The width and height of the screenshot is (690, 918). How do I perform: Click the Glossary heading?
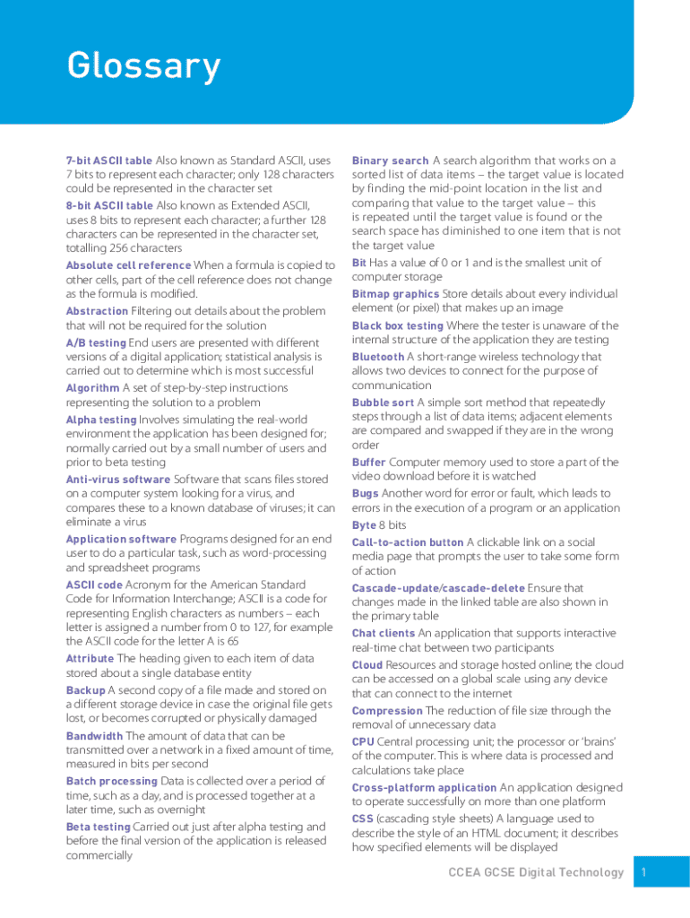click(143, 66)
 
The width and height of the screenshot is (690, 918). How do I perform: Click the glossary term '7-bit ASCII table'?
click(108, 160)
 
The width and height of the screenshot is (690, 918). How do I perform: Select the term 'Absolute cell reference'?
click(128, 265)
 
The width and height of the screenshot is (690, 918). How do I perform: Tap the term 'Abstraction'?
click(97, 311)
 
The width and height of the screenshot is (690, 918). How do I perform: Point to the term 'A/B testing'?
click(96, 342)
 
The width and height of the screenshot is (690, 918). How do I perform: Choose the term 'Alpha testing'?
click(100, 420)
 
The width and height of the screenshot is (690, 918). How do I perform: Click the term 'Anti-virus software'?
click(117, 480)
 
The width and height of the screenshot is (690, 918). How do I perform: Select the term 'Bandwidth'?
click(94, 736)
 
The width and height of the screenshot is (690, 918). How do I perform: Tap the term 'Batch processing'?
click(111, 782)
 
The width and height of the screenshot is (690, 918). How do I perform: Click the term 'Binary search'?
click(390, 160)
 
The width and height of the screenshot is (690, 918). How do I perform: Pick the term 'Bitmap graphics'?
click(395, 294)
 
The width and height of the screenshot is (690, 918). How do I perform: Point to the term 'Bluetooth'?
click(378, 357)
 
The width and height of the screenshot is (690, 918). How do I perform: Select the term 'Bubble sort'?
click(383, 403)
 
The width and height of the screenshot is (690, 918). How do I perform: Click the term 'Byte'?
click(364, 524)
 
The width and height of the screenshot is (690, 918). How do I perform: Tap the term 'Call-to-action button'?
click(408, 542)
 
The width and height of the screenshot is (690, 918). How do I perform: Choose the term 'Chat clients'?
click(384, 633)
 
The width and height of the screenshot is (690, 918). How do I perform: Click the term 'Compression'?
click(387, 711)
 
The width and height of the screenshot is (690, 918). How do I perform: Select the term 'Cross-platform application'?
click(424, 788)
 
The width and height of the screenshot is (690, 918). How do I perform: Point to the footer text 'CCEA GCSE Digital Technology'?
click(535, 872)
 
